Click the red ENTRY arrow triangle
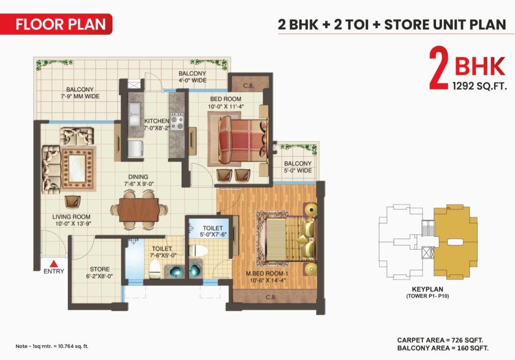point(54,263)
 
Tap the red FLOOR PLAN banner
point(56,24)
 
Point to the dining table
point(139,210)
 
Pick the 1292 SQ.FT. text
point(479,86)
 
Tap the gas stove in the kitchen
point(177,122)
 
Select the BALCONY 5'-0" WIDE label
point(298,167)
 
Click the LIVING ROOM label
point(71,220)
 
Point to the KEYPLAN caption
point(427,290)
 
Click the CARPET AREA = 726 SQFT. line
point(440,340)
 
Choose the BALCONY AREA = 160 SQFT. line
point(443,348)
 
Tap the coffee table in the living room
point(78,169)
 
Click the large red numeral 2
point(439,68)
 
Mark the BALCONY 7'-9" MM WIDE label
point(80,93)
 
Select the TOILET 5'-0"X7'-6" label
point(213,231)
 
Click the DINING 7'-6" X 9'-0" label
point(139,181)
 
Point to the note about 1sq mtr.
point(52,346)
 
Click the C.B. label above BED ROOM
point(248,86)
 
